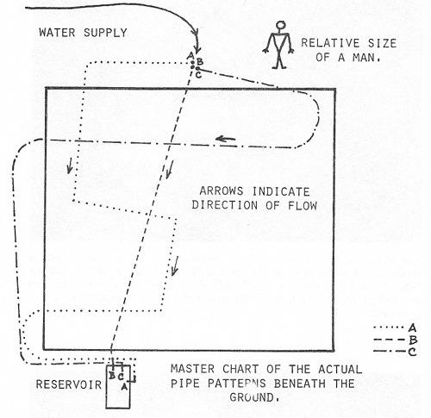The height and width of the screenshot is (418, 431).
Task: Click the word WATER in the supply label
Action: click(x=57, y=33)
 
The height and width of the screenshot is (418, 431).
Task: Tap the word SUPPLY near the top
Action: click(x=105, y=33)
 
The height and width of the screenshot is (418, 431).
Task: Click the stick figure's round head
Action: click(x=281, y=25)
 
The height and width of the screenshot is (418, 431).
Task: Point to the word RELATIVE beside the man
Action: click(x=330, y=43)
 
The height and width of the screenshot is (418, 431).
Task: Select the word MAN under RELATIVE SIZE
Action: click(x=366, y=57)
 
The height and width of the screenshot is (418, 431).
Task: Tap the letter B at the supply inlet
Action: click(x=200, y=61)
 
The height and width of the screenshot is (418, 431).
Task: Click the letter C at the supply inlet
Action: click(x=198, y=75)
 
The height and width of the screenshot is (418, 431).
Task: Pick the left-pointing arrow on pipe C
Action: click(x=225, y=139)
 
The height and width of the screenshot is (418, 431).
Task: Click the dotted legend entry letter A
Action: click(x=412, y=328)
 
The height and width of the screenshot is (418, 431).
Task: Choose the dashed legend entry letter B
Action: click(x=413, y=340)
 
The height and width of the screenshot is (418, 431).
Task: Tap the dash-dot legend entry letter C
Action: click(x=412, y=352)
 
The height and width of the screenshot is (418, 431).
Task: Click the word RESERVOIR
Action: click(x=68, y=384)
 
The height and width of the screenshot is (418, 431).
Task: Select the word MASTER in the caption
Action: click(x=192, y=369)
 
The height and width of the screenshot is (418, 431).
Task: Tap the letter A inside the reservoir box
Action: click(x=124, y=387)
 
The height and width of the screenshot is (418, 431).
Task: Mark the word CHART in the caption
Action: click(x=240, y=369)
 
